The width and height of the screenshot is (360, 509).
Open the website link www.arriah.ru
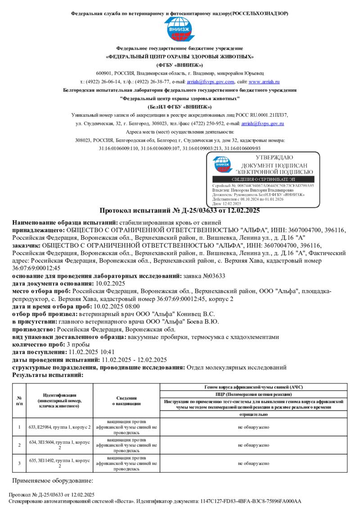[x=264, y=82]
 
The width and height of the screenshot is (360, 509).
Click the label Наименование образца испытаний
[x=65, y=223]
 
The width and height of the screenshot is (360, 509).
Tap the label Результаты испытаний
[x=48, y=375]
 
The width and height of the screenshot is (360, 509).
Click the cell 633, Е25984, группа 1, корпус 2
[x=60, y=427]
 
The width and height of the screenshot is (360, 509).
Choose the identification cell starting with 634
[x=60, y=445]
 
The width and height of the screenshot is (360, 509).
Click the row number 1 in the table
[x=19, y=427]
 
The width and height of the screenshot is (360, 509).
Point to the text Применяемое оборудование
[x=52, y=481]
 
